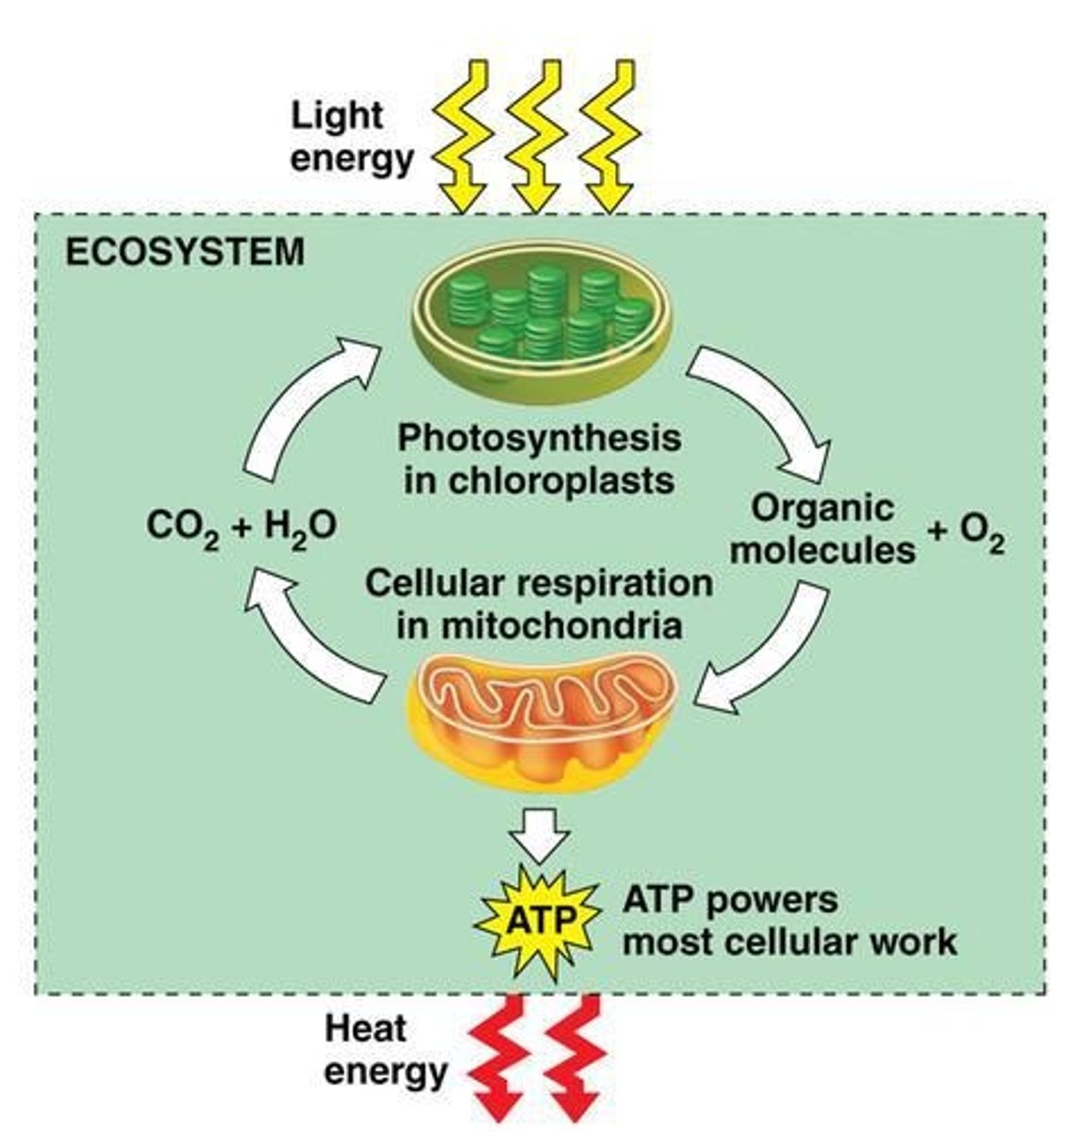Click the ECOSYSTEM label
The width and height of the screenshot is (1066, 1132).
[x=184, y=252]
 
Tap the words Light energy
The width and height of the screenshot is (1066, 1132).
[x=351, y=137]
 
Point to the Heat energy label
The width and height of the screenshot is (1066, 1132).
[x=385, y=1048]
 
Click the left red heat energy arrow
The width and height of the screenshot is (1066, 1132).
[x=505, y=1057]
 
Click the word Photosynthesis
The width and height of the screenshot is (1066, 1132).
[x=539, y=439]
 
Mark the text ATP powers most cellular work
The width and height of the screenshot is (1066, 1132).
[x=789, y=920]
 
